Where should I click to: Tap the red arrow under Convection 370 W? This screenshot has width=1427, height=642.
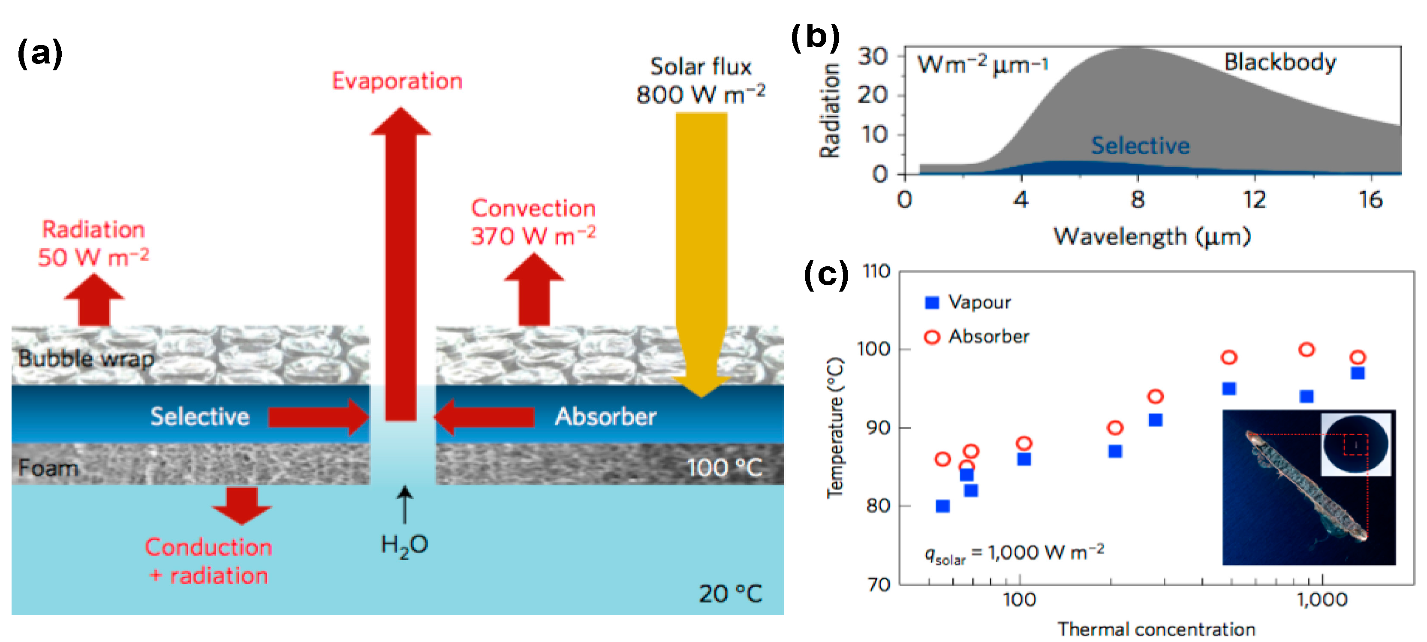pyautogui.click(x=533, y=291)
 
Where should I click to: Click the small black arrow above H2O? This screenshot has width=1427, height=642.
pyautogui.click(x=405, y=504)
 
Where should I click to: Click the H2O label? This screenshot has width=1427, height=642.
pyautogui.click(x=404, y=546)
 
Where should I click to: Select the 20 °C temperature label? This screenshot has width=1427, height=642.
pyautogui.click(x=730, y=594)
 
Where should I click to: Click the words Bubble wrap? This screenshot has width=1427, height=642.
pyautogui.click(x=86, y=359)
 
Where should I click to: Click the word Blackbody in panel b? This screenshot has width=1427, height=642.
pyautogui.click(x=1279, y=62)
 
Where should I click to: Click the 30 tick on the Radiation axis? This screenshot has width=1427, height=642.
pyautogui.click(x=873, y=56)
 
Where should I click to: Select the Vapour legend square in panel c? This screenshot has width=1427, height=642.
pyautogui.click(x=932, y=302)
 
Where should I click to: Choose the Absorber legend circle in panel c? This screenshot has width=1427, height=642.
pyautogui.click(x=932, y=337)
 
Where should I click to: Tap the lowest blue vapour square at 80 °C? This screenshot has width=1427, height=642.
pyautogui.click(x=942, y=506)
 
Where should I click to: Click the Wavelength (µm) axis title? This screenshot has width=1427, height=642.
pyautogui.click(x=1152, y=237)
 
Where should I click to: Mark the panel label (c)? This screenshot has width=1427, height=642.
pyautogui.click(x=825, y=274)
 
